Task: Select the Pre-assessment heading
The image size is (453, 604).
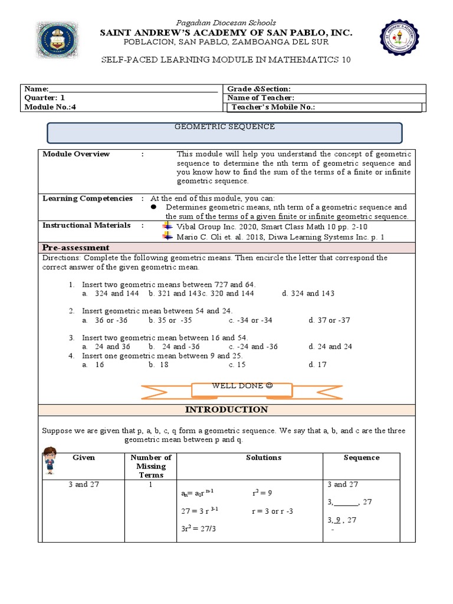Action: (x=76, y=247)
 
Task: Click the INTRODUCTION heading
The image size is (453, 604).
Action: (x=226, y=409)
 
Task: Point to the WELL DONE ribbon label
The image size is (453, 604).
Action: (x=242, y=387)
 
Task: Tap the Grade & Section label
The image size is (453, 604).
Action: (x=259, y=88)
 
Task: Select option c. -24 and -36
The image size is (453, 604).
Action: (x=253, y=347)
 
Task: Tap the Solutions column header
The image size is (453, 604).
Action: (x=264, y=458)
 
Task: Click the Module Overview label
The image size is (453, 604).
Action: (x=76, y=154)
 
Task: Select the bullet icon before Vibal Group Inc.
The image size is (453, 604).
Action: (x=166, y=226)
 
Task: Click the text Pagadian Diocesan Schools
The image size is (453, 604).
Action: (x=226, y=22)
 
